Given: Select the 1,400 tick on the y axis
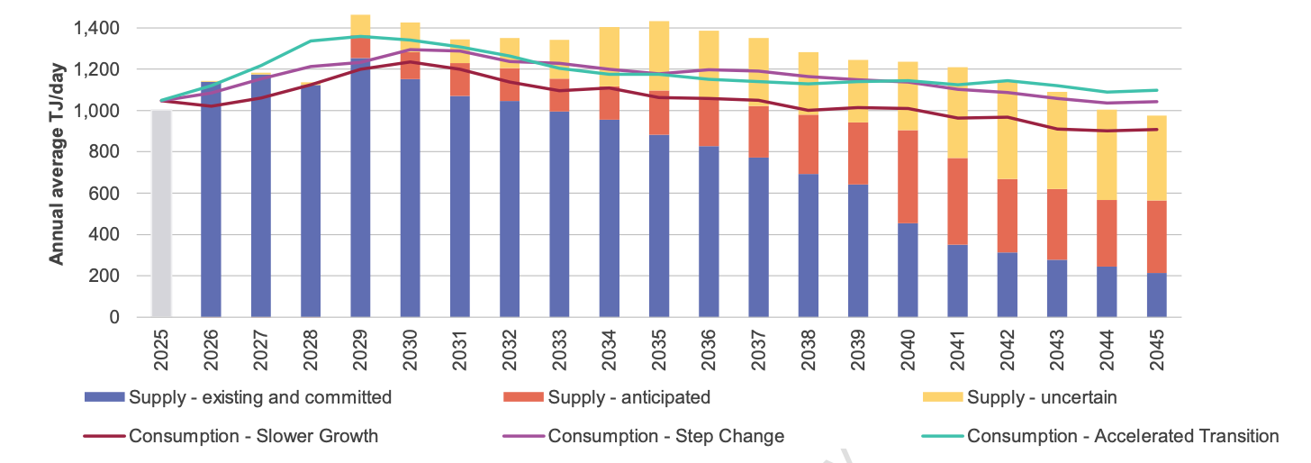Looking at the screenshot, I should point(95,29).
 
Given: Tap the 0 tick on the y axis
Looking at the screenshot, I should point(114,317).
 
